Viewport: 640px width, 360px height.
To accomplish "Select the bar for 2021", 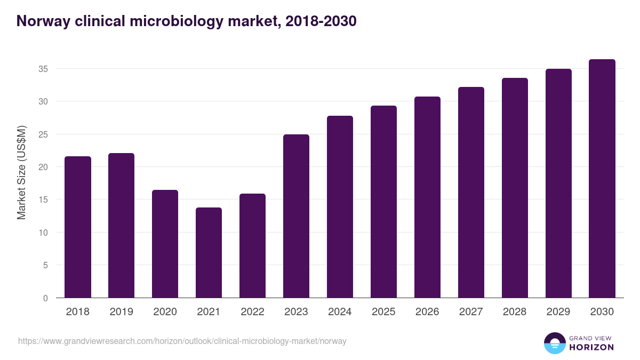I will click(209, 253).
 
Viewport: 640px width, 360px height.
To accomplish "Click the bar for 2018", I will click(78, 227).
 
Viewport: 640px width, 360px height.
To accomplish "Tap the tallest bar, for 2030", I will click(602, 179).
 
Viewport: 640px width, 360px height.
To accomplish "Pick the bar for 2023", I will click(296, 216).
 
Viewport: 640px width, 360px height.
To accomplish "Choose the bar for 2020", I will click(165, 244).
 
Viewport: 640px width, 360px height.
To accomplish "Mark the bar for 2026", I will click(427, 197).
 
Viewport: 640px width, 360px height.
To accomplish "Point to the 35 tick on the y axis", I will click(43, 69).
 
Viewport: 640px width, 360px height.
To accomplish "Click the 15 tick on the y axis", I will click(43, 199).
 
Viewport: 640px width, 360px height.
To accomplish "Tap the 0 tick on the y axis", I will click(45, 298).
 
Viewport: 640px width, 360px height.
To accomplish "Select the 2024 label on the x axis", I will click(340, 312).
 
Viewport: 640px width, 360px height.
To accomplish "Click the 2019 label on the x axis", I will click(121, 312).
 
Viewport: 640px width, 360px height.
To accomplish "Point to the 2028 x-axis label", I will click(515, 312).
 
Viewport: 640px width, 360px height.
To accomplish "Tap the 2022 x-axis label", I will click(252, 312).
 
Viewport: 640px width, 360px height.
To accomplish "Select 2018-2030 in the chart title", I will click(321, 21).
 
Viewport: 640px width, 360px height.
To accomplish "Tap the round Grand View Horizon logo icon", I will click(554, 343).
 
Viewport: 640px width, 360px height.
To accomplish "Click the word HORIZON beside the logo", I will click(591, 347).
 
